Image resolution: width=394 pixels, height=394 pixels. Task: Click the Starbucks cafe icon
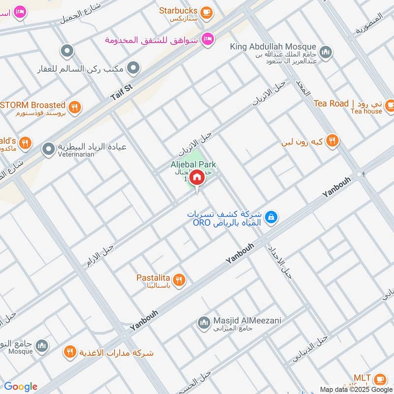pos(207,11)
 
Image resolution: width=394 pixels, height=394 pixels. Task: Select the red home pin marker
pos(197,177)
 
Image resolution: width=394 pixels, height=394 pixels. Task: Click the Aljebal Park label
pos(193,164)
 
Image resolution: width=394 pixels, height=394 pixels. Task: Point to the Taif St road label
pos(122,93)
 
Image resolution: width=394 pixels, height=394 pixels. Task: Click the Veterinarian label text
pos(75,154)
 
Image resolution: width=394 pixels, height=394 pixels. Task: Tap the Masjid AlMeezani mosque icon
pos(203,323)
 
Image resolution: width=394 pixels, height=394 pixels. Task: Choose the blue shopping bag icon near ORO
pos(270,217)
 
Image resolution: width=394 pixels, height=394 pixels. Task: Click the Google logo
pos(21,387)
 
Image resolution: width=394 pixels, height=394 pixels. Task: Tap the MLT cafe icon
pos(380,378)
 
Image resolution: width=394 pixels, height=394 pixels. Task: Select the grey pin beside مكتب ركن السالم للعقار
pos(133,68)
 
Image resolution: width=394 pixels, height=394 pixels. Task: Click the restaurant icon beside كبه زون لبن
pos(332,141)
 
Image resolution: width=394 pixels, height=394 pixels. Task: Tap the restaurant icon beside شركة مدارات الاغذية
pos(69,352)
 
